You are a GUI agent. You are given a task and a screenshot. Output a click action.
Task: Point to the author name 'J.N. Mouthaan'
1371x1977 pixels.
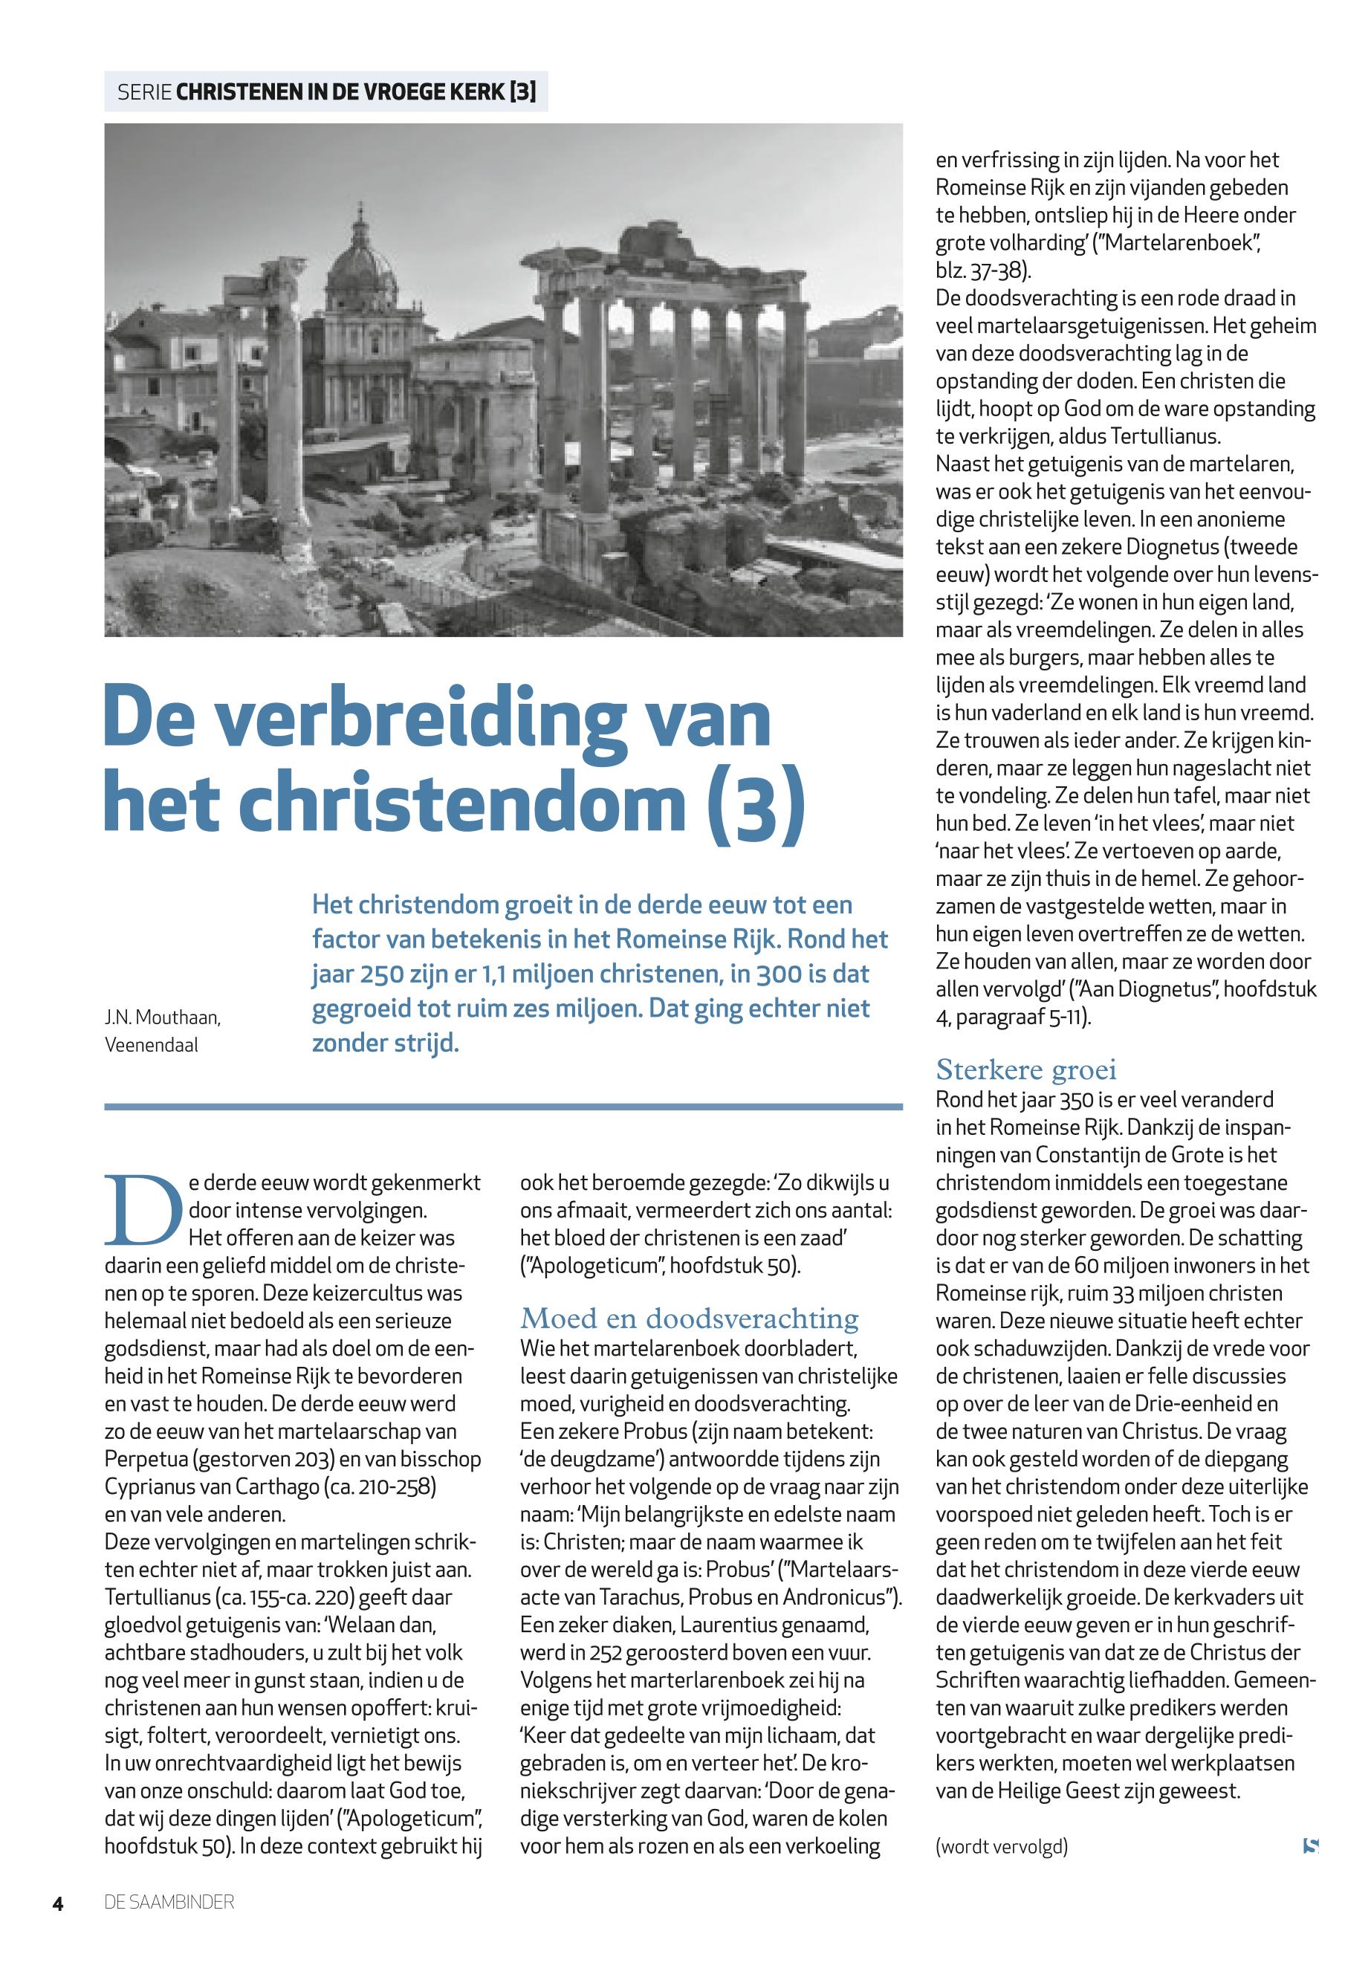[x=162, y=1017]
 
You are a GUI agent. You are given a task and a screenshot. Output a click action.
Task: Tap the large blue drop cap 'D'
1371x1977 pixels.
[x=143, y=1211]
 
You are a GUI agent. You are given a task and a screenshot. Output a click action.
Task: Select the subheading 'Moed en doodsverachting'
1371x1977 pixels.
[x=689, y=1318]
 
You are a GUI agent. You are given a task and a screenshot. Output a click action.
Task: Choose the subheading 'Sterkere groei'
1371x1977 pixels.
[x=1025, y=1070]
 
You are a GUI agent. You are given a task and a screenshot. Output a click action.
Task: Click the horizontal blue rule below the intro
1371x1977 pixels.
[x=503, y=1107]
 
